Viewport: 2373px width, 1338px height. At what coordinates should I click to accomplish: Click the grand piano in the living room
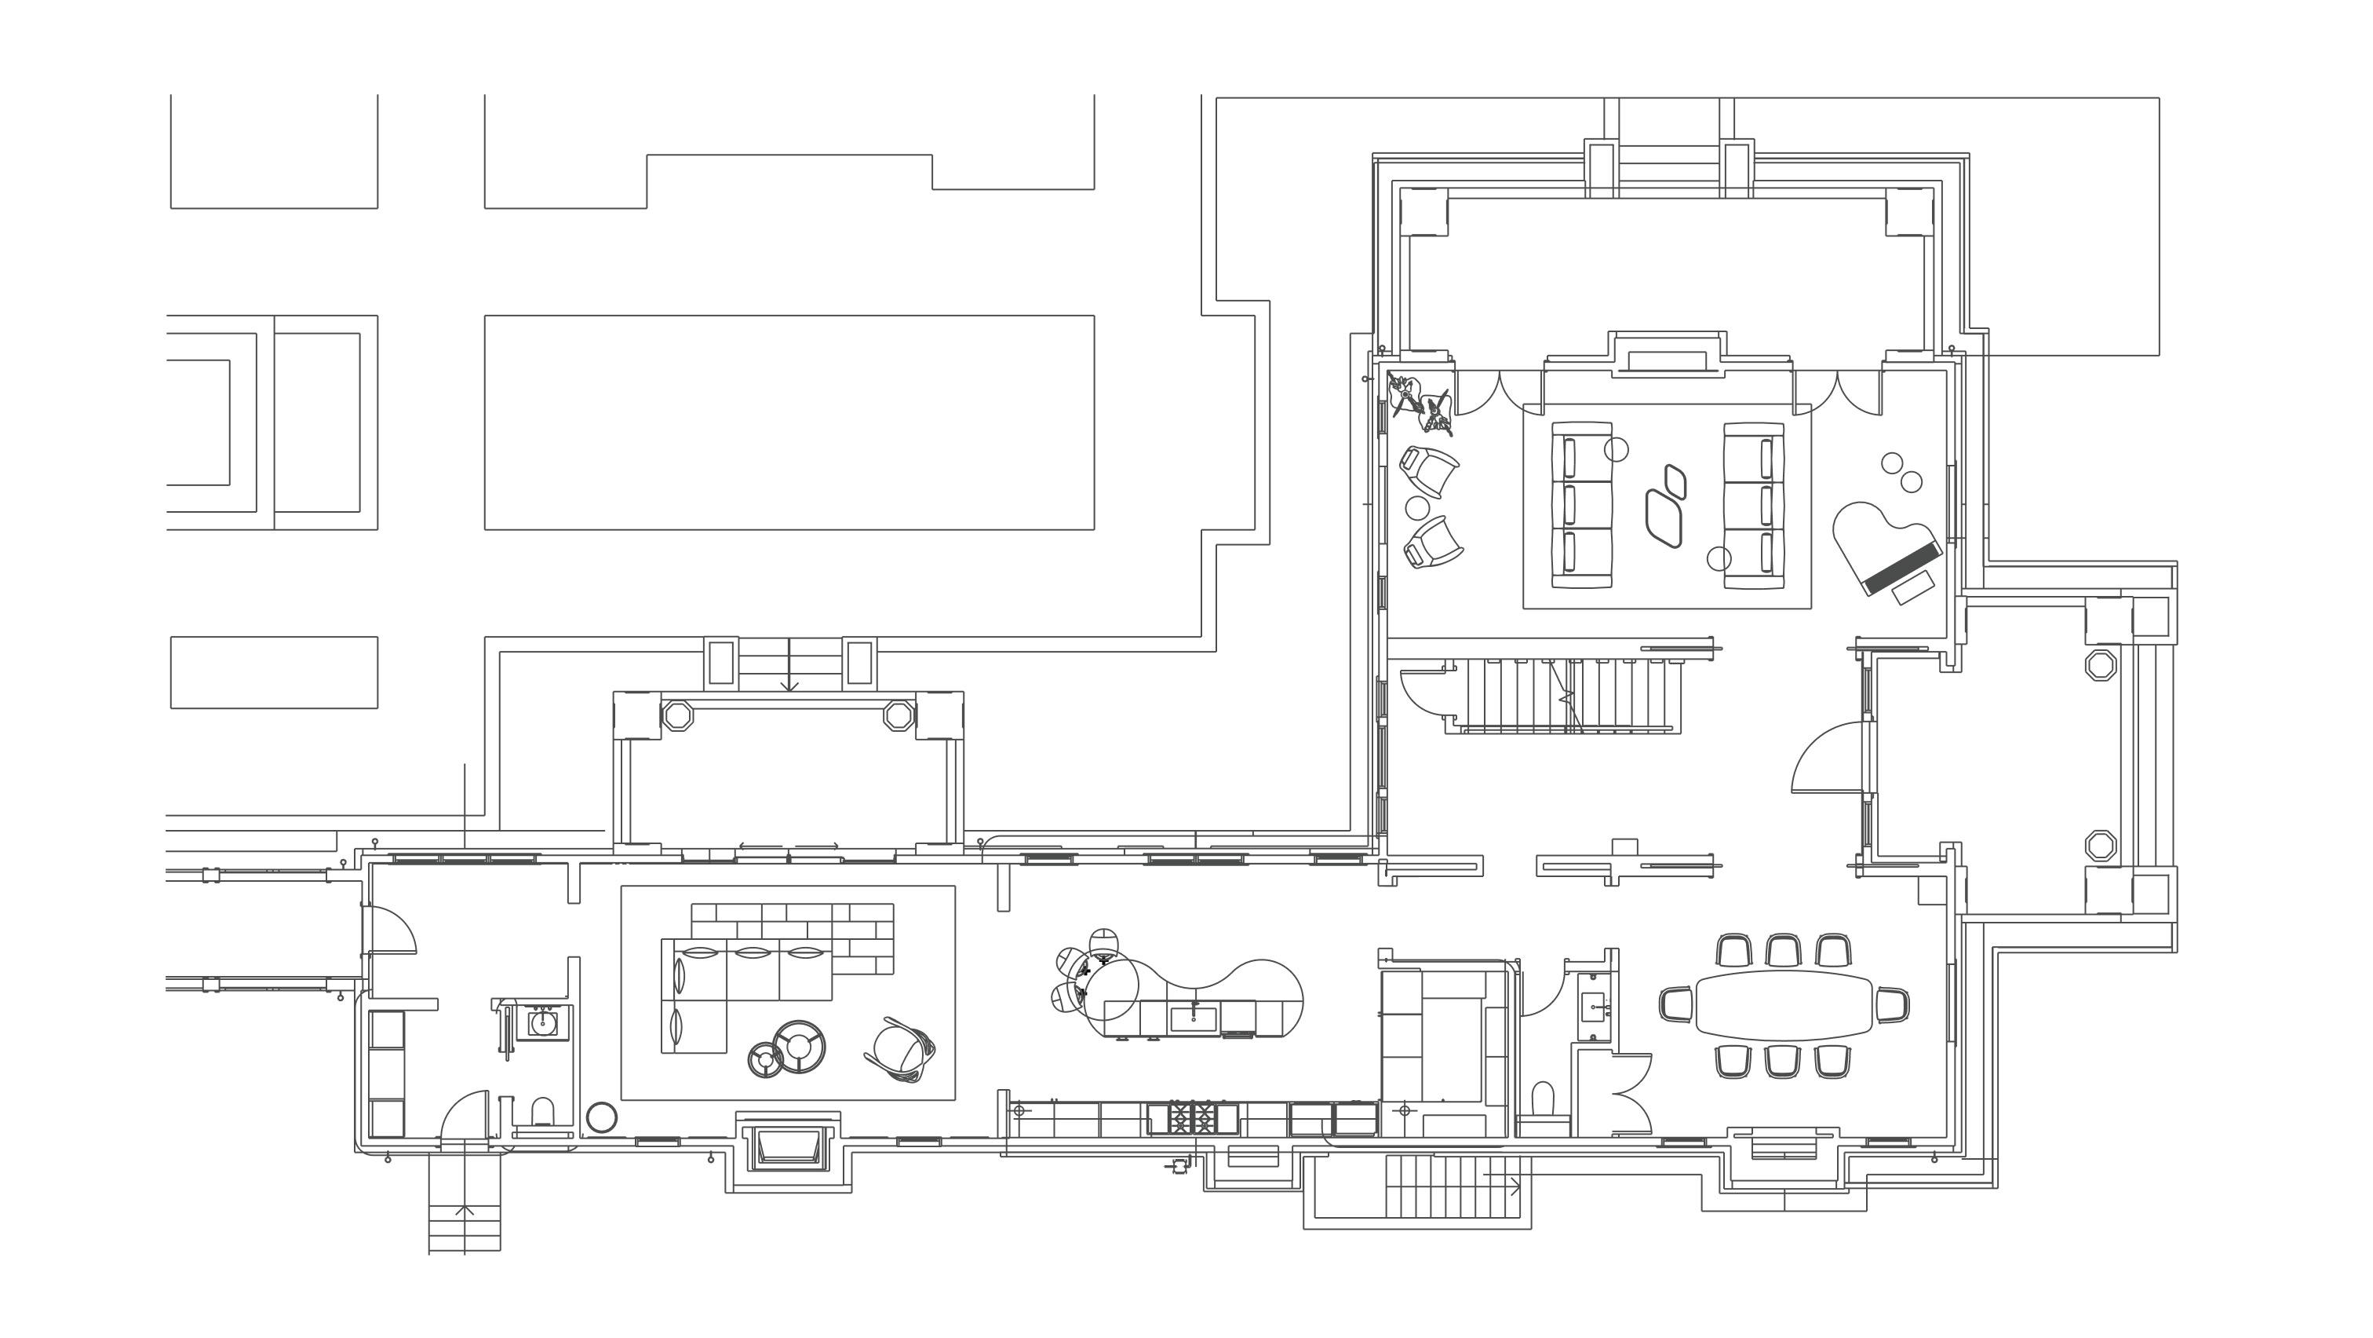1884,546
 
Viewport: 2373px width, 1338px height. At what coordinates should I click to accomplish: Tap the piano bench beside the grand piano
1912,587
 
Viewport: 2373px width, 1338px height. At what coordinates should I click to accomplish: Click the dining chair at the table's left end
1677,1003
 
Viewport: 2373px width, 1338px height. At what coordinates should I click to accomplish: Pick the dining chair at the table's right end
1892,1003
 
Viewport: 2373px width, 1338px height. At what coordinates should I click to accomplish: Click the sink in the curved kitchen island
1193,1018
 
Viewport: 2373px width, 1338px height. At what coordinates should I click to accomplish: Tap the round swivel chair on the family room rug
899,1051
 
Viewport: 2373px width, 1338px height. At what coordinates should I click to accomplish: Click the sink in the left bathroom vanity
541,1022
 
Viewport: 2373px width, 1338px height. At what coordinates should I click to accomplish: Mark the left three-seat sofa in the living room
1582,504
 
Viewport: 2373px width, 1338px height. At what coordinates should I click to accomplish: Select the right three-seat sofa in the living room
1754,504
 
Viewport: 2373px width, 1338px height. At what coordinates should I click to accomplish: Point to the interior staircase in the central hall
1566,696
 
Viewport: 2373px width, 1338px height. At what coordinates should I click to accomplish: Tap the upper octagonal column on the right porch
2101,664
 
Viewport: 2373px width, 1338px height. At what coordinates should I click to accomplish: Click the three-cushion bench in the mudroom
387,1073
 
